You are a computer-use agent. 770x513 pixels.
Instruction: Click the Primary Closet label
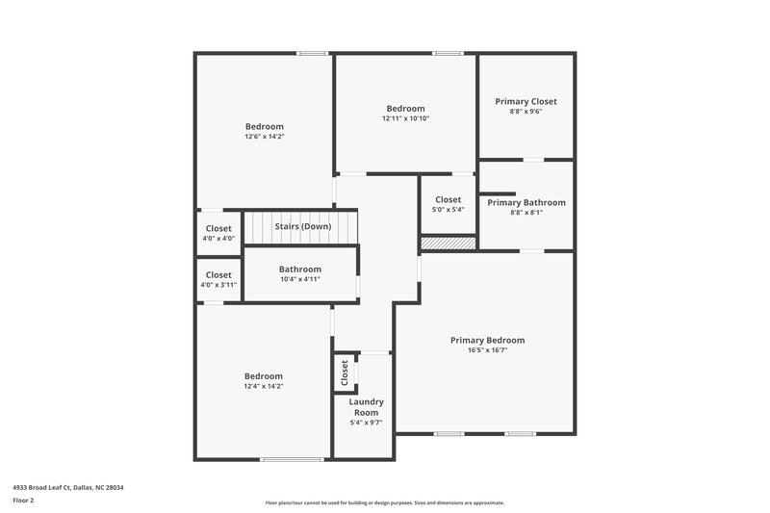(526, 101)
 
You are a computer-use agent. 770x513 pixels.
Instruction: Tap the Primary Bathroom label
(526, 202)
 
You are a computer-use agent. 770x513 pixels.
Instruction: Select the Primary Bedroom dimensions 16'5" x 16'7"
(488, 350)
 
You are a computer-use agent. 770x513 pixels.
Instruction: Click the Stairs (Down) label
(302, 226)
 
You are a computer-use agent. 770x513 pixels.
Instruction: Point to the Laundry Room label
(366, 406)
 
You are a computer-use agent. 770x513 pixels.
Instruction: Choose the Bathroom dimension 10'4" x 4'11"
(299, 279)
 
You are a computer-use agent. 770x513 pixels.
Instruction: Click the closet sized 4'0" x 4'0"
(218, 234)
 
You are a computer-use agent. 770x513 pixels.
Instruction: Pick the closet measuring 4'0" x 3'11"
(218, 280)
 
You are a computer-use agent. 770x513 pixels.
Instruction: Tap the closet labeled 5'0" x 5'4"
(449, 205)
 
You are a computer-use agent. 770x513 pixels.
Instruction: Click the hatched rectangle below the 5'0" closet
(449, 244)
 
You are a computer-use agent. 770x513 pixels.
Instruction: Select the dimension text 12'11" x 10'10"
(405, 118)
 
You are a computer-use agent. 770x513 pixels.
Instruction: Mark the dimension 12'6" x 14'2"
(264, 137)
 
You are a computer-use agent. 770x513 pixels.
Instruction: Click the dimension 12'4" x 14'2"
(263, 386)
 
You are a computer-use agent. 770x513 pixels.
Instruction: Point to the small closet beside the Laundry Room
(344, 373)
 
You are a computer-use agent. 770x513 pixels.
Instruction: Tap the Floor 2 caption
(22, 500)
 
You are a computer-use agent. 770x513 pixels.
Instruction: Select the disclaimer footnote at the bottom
(384, 502)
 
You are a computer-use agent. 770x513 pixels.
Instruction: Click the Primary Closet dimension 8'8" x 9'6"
(526, 111)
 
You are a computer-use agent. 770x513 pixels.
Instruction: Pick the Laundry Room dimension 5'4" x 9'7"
(366, 423)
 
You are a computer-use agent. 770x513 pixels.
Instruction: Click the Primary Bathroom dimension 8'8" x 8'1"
(526, 213)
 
